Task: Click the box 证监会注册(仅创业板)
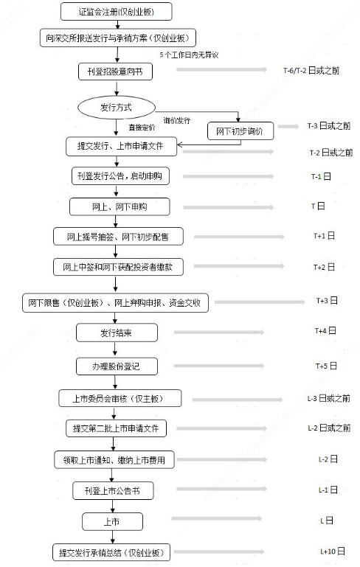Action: [116, 12]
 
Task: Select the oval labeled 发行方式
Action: [117, 108]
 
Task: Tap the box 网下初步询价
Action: [240, 131]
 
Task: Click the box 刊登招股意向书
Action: [115, 72]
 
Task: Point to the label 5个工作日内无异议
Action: [190, 55]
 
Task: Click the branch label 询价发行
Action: [176, 120]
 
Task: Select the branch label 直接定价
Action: [142, 128]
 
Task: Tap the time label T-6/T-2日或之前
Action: [311, 71]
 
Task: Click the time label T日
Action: [318, 206]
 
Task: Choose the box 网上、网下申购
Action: [120, 207]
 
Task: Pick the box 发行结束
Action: [117, 333]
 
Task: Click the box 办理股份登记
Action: [117, 366]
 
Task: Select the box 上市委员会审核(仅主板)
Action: [120, 398]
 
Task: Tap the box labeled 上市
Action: [112, 521]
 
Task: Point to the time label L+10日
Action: [333, 551]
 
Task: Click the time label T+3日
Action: [327, 301]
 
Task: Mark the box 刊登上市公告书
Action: [113, 491]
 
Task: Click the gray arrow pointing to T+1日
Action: [239, 237]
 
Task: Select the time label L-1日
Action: [328, 490]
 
